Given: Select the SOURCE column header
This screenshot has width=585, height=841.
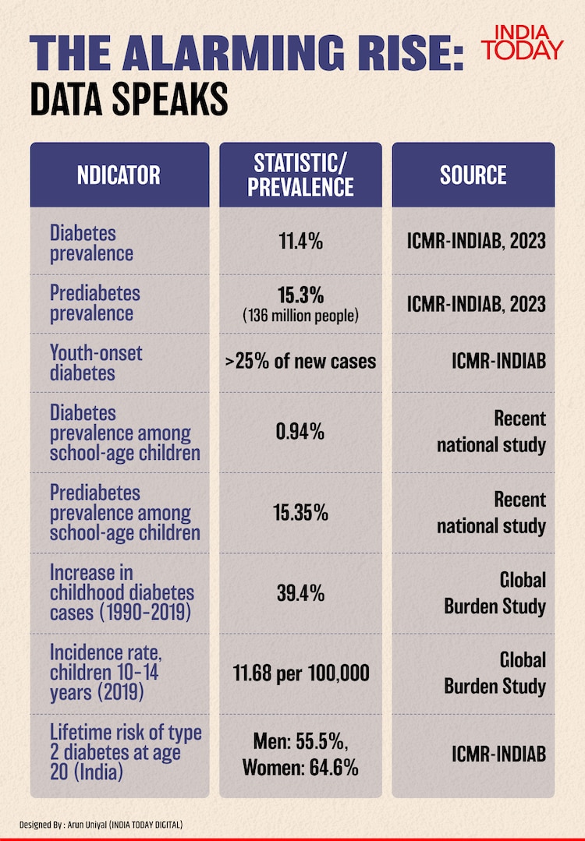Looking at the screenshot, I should coord(473,175).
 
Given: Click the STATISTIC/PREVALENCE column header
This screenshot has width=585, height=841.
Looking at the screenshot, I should coord(300,175).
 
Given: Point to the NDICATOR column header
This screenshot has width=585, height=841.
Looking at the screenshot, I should coord(119,175).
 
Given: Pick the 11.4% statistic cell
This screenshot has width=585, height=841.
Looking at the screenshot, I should coord(300,242).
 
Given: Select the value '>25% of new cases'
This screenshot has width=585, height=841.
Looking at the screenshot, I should coord(300,362).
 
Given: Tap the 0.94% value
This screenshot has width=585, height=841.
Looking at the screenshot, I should coord(300,431).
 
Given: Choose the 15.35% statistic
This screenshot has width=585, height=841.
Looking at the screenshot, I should coord(300,513).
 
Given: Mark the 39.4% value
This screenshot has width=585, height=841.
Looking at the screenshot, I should coord(300,593).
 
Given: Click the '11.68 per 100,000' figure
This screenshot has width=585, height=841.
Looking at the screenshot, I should coord(300,673).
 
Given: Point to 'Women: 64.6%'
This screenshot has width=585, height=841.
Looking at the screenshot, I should coord(300,768).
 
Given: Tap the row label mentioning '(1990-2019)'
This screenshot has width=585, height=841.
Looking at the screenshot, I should coord(122,593).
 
